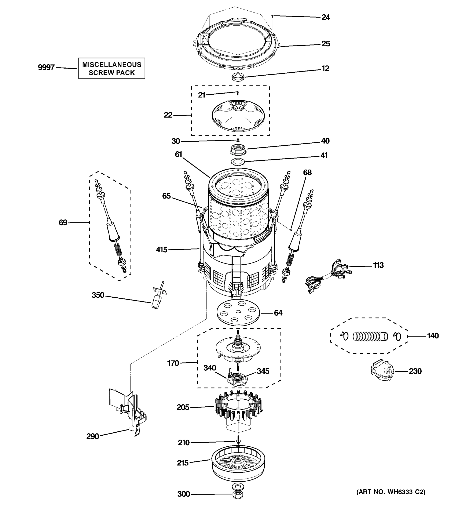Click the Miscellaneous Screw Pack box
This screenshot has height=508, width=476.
pyautogui.click(x=111, y=68)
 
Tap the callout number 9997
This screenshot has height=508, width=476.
pyautogui.click(x=46, y=68)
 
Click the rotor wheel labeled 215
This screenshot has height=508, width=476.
pyautogui.click(x=238, y=467)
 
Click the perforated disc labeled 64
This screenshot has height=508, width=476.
pyautogui.click(x=238, y=312)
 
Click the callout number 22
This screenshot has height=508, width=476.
pyautogui.click(x=168, y=115)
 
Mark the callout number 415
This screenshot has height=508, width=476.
pyautogui.click(x=162, y=250)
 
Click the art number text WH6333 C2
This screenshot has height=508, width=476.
pyautogui.click(x=391, y=492)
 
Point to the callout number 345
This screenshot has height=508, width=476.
pyautogui.click(x=263, y=371)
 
